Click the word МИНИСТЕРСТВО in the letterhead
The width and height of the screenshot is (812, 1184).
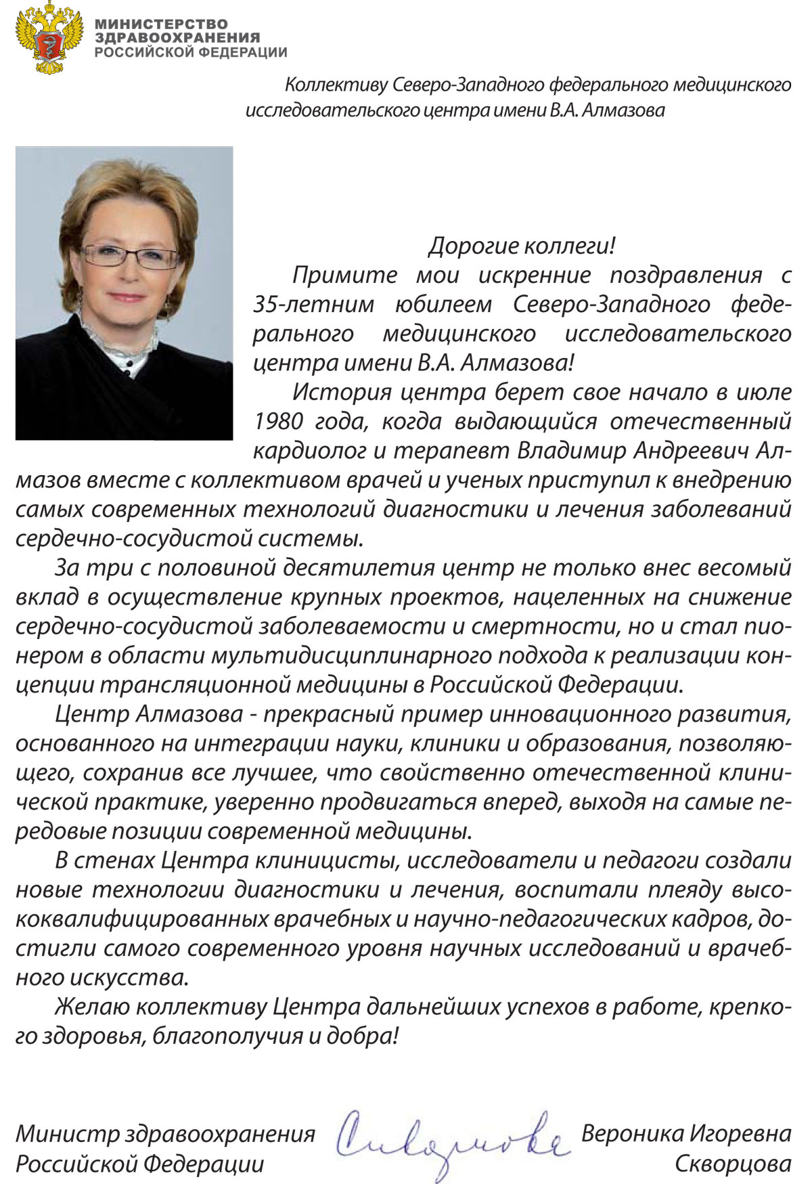click(x=161, y=24)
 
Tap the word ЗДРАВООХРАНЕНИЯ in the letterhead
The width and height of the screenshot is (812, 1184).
click(x=177, y=38)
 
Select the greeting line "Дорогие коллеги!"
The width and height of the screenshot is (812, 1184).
click(x=521, y=245)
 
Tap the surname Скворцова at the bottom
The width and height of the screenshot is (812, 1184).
click(x=732, y=1164)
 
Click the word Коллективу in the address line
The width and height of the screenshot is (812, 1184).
click(x=336, y=85)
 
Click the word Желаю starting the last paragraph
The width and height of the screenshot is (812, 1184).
click(x=91, y=1006)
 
